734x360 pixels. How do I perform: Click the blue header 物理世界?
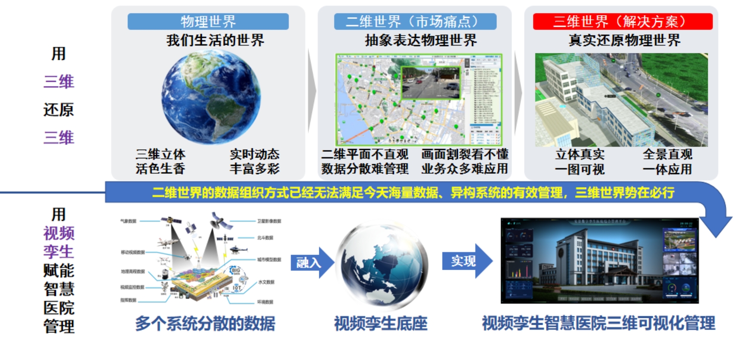(x=208, y=21)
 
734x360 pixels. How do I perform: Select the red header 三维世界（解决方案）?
(x=623, y=21)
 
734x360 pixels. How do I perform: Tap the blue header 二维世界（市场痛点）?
(x=415, y=21)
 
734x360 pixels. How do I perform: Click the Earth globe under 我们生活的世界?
(x=211, y=97)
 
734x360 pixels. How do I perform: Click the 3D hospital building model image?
(x=621, y=100)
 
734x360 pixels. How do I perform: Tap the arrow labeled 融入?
(x=312, y=262)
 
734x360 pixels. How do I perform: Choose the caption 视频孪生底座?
(x=381, y=323)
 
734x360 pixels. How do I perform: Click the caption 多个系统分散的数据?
(x=205, y=323)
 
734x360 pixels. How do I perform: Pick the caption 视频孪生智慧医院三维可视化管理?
(x=598, y=323)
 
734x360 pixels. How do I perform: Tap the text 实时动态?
(x=254, y=154)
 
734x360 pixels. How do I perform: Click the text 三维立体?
(x=160, y=154)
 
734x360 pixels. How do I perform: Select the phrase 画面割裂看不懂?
(x=465, y=154)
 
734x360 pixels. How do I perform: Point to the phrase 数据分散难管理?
(x=365, y=169)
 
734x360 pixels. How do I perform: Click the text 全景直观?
(x=667, y=154)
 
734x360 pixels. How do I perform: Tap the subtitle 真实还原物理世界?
(x=624, y=40)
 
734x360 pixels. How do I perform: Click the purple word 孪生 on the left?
(x=59, y=252)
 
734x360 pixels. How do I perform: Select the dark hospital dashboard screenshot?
(x=599, y=260)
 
